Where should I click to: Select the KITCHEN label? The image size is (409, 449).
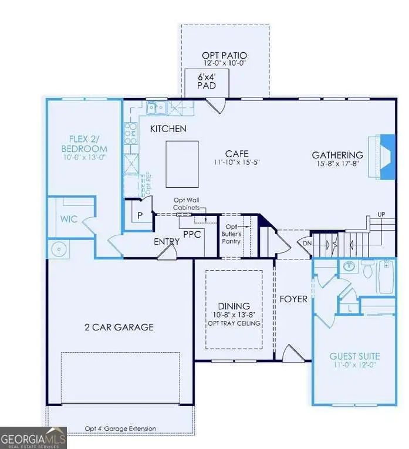click(x=168, y=129)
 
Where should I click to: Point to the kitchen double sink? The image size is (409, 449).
click(x=157, y=108)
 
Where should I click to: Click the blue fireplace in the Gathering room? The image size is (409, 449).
click(x=387, y=155)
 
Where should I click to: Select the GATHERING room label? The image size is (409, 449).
click(x=337, y=155)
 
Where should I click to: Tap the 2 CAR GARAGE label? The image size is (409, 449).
click(x=119, y=327)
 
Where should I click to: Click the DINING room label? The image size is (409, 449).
click(x=234, y=306)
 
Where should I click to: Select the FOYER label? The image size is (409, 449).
click(x=293, y=299)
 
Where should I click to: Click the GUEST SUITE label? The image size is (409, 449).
click(x=354, y=356)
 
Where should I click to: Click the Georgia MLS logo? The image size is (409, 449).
click(x=33, y=438)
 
